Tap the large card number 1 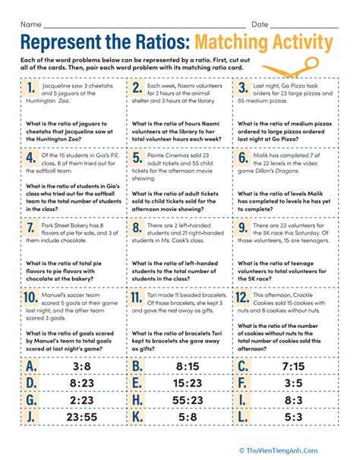(x=30, y=92)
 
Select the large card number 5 (x=137, y=159)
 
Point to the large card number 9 (x=244, y=228)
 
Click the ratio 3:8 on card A (x=74, y=365)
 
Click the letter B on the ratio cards (x=137, y=365)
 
